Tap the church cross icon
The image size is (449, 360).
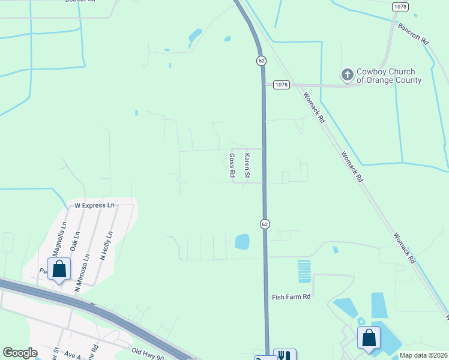pyautogui.click(x=347, y=75)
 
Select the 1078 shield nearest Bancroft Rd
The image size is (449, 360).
pyautogui.click(x=400, y=6)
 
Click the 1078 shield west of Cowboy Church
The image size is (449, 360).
pyautogui.click(x=281, y=85)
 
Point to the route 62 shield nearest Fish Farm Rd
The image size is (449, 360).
pyautogui.click(x=265, y=223)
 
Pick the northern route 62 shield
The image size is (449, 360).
pyautogui.click(x=261, y=61)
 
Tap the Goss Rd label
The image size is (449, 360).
pyautogui.click(x=232, y=165)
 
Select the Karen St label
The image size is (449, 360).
pyautogui.click(x=246, y=165)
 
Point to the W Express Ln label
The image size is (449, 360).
pyautogui.click(x=94, y=205)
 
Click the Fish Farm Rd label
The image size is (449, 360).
pyautogui.click(x=291, y=296)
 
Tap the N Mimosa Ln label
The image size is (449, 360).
pyautogui.click(x=82, y=274)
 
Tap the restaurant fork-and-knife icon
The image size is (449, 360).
pyautogui.click(x=284, y=356)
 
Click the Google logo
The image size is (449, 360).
pyautogui.click(x=20, y=353)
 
